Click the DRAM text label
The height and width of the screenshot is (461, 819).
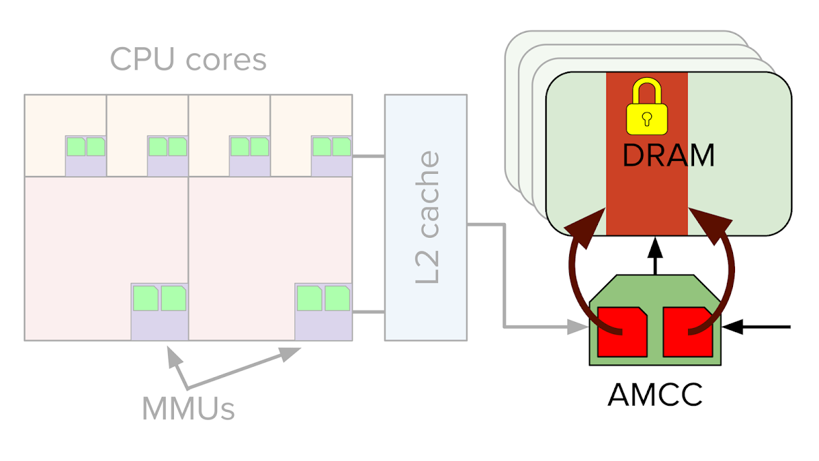pos(668,155)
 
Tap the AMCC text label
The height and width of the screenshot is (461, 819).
pos(655,395)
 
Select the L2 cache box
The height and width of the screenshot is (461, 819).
pos(426,217)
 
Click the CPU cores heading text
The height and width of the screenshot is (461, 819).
pos(188,60)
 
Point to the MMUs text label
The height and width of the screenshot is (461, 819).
pos(188,408)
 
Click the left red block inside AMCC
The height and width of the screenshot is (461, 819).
pos(622,331)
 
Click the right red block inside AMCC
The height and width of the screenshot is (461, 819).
pos(687,331)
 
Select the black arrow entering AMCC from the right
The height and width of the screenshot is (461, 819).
pos(758,328)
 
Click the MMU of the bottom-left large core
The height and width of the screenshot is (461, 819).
pos(160,312)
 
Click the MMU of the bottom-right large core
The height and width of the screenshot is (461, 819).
pos(324,312)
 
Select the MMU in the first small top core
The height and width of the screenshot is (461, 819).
pos(86,155)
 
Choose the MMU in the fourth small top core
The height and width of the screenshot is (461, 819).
pos(332,155)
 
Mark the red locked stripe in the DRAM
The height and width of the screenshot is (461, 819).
pos(647,198)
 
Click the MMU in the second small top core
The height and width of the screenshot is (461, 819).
pos(168,155)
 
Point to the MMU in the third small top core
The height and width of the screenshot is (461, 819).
pos(250,155)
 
